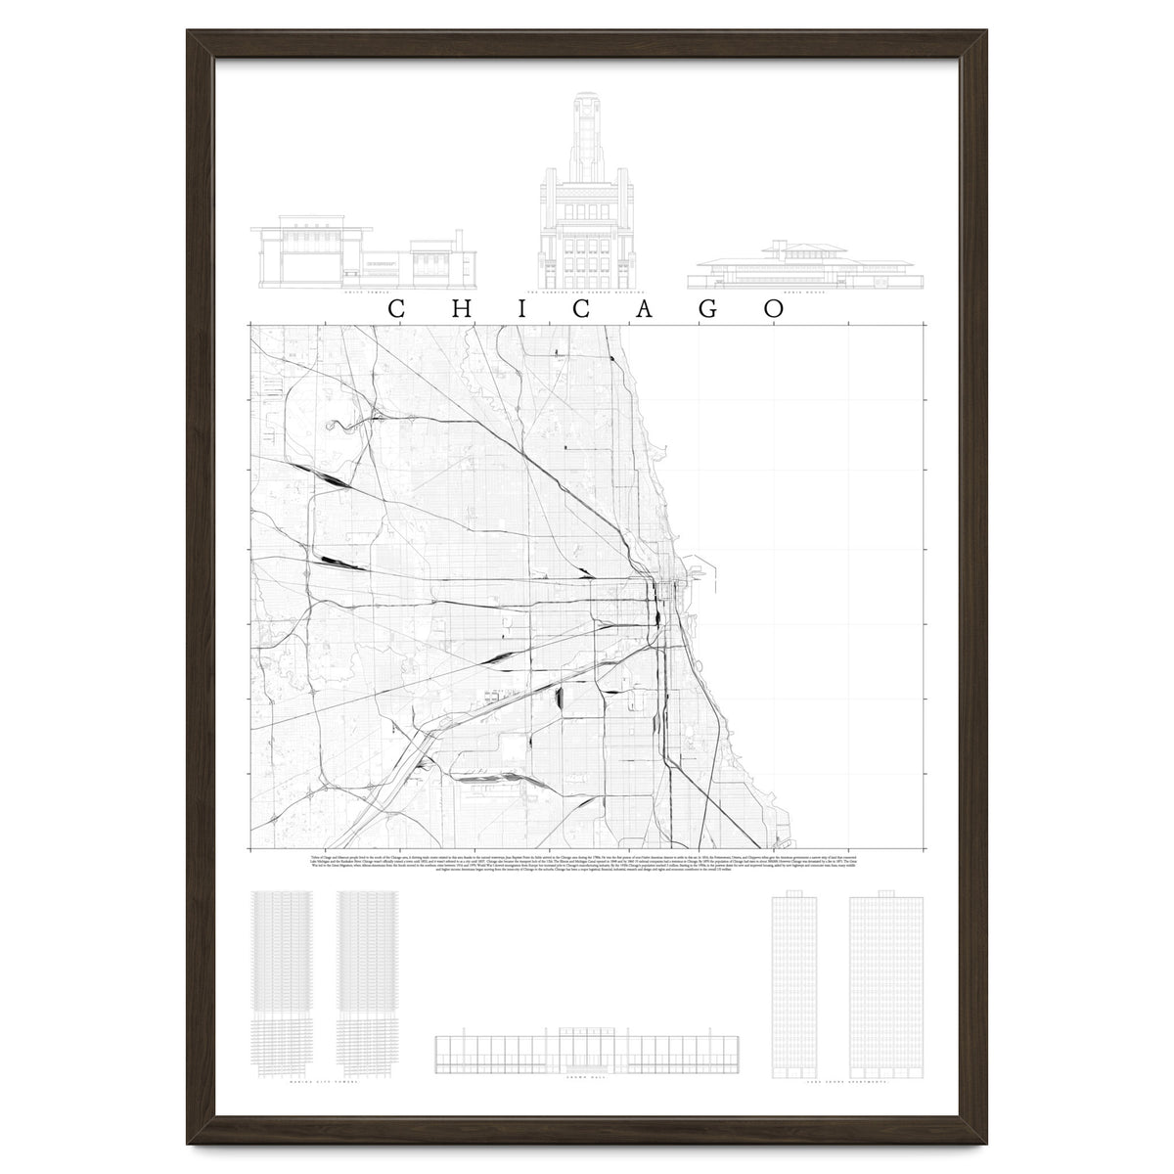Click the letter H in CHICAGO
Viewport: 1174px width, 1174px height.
458,308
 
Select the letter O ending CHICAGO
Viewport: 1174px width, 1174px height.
776,308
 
